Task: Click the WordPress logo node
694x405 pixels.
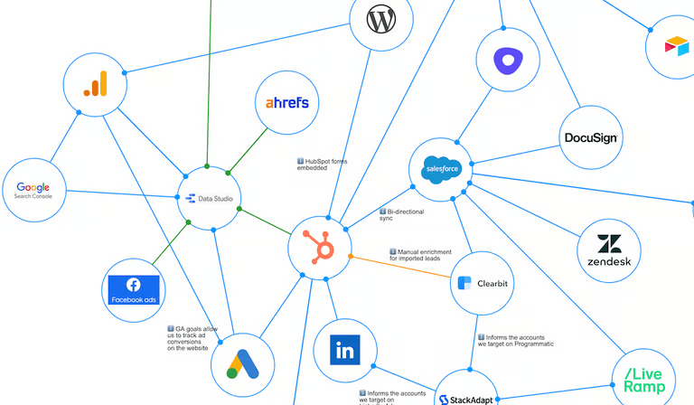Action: [380, 19]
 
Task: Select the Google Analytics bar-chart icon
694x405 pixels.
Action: [95, 83]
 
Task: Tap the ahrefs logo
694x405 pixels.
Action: [286, 103]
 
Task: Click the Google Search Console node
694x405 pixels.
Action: [33, 191]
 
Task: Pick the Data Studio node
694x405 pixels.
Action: [209, 198]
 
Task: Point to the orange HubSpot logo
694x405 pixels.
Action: [319, 248]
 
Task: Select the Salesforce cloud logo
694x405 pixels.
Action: [442, 169]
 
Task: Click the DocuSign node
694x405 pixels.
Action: [590, 138]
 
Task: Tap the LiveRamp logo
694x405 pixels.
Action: [643, 380]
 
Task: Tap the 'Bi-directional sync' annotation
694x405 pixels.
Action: [401, 215]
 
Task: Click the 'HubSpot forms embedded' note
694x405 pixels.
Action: [323, 165]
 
